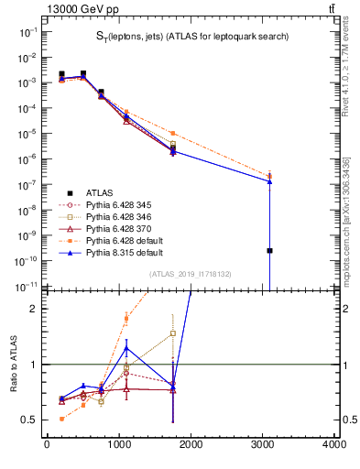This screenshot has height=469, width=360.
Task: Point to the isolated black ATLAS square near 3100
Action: [x=270, y=250]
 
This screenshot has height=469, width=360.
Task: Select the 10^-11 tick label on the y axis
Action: [x=27, y=287]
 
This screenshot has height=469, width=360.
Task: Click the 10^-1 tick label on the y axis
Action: [x=28, y=31]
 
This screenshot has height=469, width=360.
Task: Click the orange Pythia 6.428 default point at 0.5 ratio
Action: [x=61, y=419]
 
